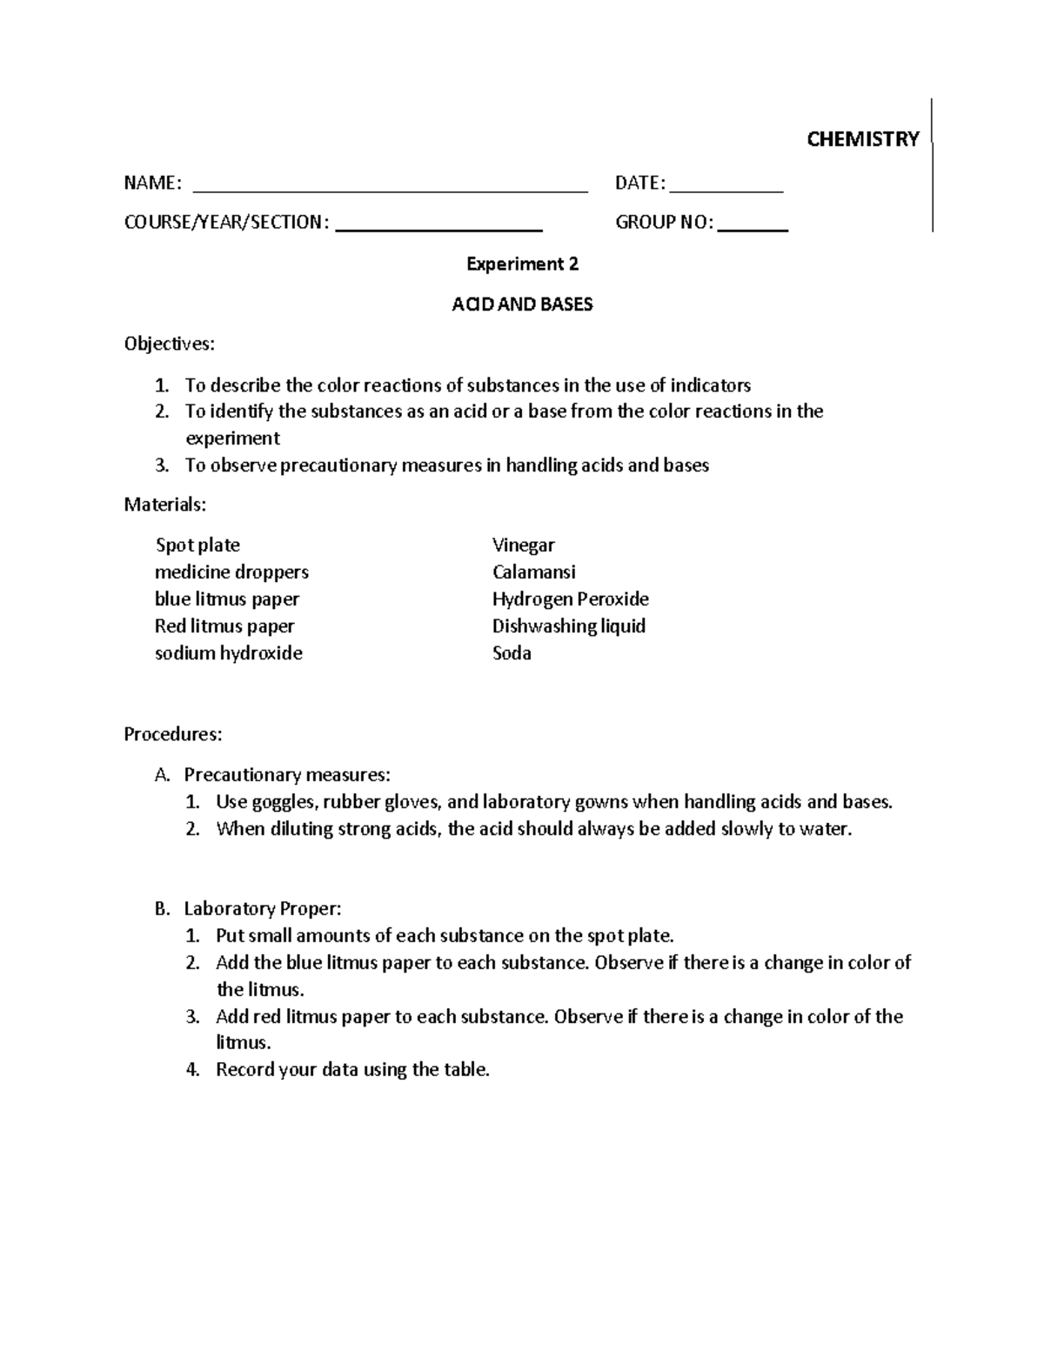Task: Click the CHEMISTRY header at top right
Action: point(862,139)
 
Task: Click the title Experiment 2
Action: point(522,264)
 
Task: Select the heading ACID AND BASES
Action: point(522,304)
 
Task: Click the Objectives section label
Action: point(169,344)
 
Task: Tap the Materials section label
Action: point(165,504)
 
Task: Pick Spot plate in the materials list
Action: point(197,545)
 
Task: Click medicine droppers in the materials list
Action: point(231,572)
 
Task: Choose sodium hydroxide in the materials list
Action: point(229,653)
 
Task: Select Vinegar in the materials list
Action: point(523,545)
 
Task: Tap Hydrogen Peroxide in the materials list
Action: point(570,599)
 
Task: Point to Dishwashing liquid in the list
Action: point(568,626)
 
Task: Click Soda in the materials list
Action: point(512,653)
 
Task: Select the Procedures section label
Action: point(172,734)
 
